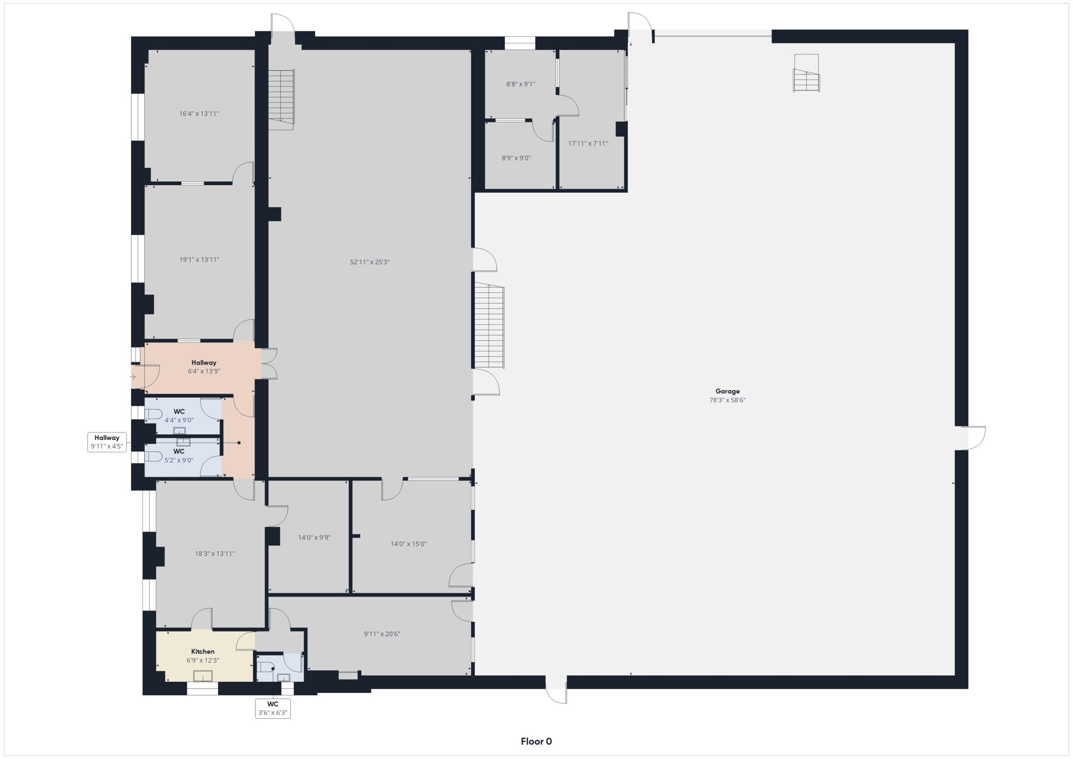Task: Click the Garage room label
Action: coord(727,391)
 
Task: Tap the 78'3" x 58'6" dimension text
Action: coord(727,400)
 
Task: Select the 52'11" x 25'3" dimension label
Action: coord(370,262)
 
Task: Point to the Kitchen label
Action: coord(203,652)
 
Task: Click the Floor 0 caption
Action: coord(536,741)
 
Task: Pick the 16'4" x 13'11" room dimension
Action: coord(199,114)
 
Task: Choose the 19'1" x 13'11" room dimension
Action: coord(199,260)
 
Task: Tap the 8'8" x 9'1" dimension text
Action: coord(521,84)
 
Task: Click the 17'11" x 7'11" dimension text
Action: coord(588,143)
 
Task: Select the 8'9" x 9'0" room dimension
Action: coord(516,158)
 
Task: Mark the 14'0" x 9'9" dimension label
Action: coord(314,537)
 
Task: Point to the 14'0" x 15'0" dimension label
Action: coord(408,544)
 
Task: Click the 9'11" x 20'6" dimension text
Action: coord(382,634)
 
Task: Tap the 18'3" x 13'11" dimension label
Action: coord(215,554)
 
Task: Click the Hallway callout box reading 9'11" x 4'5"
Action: coord(107,442)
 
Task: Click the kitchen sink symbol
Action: coord(203,676)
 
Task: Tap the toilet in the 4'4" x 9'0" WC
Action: coord(153,414)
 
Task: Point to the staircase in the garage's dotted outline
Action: coord(806,80)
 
